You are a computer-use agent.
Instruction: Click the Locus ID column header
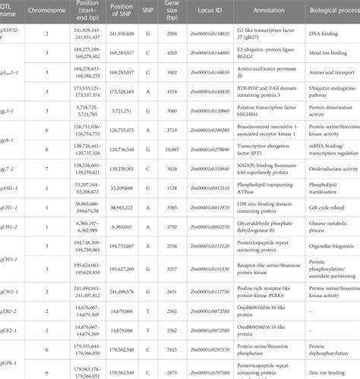[x=210, y=14]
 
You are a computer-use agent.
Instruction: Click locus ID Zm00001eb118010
[x=210, y=35]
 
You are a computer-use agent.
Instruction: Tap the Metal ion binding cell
[x=327, y=55]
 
